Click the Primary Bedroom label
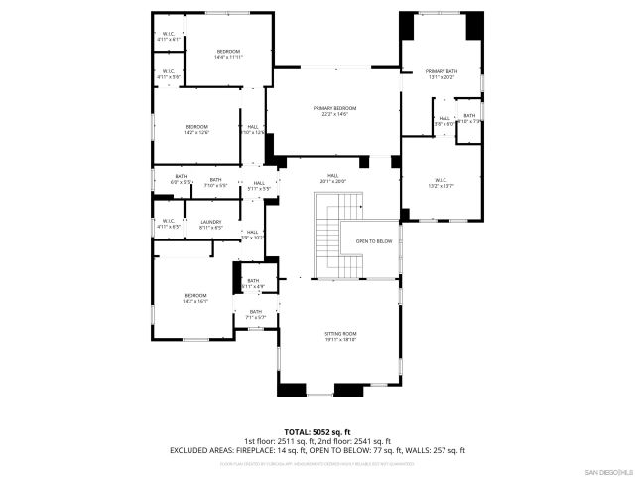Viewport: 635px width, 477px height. (334, 110)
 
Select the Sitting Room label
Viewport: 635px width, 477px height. (340, 336)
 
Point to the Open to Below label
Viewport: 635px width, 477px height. (374, 241)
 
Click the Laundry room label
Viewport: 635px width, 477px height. (210, 224)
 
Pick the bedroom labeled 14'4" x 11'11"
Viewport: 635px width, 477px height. (228, 54)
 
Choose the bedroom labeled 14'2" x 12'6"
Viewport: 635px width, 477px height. (196, 129)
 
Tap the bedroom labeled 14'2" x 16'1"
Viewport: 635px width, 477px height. (194, 297)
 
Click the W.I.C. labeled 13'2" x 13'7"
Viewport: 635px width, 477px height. (441, 182)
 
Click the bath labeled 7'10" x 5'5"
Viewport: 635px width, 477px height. (215, 182)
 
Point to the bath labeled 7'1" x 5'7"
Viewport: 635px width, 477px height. (255, 314)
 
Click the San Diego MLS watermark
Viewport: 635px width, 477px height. (606, 470)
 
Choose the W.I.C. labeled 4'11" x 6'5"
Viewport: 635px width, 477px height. (167, 224)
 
